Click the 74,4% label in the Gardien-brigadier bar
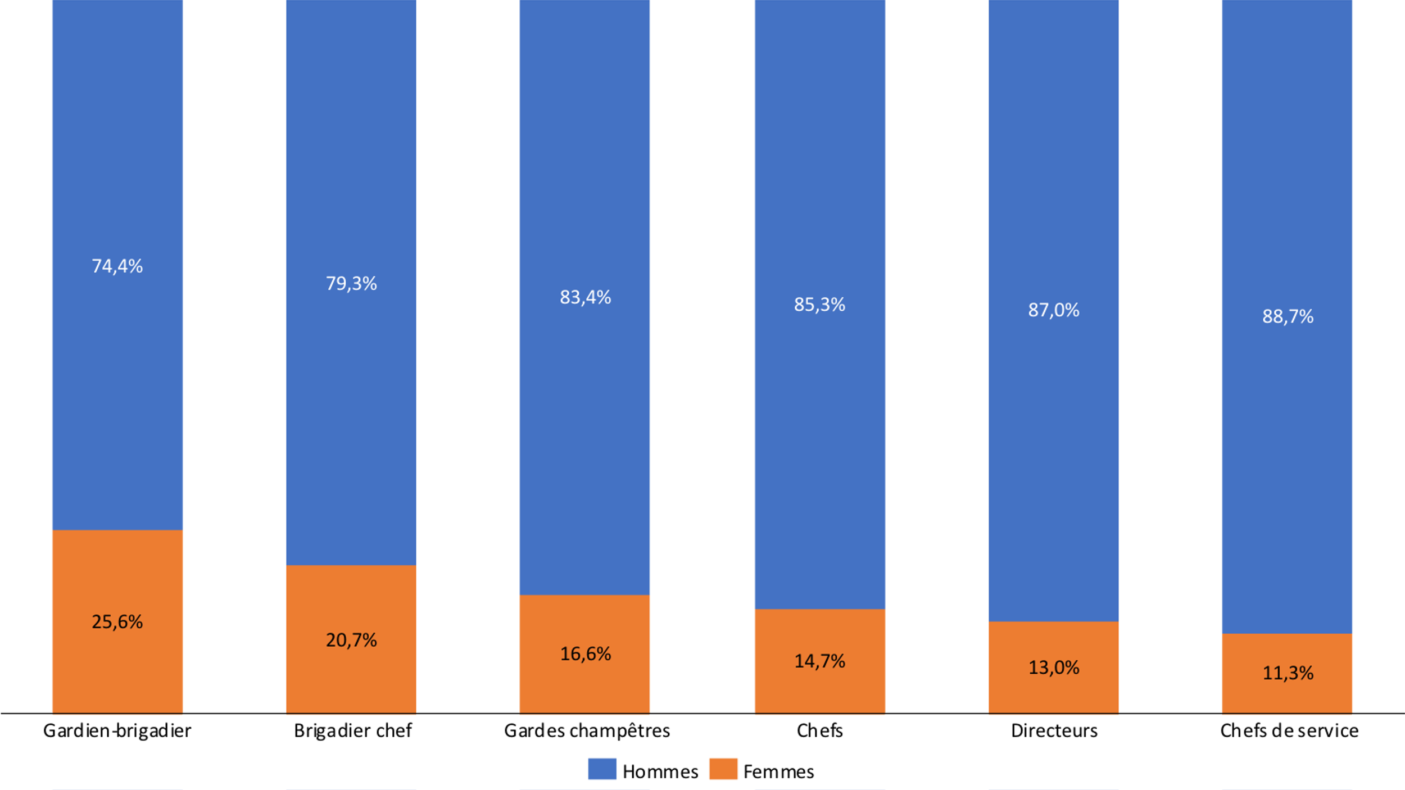coord(117,266)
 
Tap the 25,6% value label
coord(117,621)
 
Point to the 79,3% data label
coord(351,283)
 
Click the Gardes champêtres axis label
coord(587,730)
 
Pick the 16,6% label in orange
coord(585,653)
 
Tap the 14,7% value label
coord(819,661)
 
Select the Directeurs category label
coord(1054,730)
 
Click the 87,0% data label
coord(1054,310)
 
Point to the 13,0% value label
coord(1054,667)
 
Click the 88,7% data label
coord(1288,316)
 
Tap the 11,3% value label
coord(1288,673)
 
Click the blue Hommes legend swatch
coord(602,769)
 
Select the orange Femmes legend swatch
coord(723,769)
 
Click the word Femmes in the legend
coord(778,771)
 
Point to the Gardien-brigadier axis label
coord(117,730)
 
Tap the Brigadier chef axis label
coord(352,730)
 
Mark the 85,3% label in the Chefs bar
coord(819,305)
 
